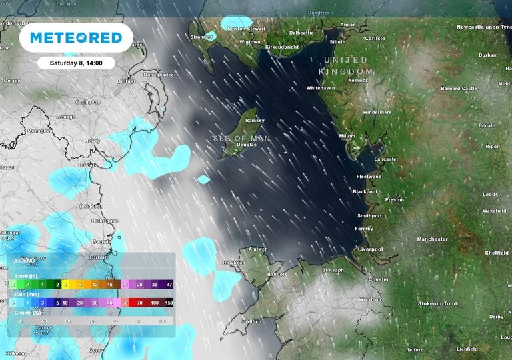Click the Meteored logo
coord(71,37)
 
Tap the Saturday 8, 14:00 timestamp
coord(75,63)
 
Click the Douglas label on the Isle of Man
coord(246,145)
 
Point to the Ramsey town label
coord(255,121)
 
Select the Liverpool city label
coord(371,249)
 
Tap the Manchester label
coord(432,239)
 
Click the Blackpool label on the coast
coord(365,192)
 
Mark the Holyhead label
coord(234,263)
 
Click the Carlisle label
coord(375,39)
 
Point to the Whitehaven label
coord(320,88)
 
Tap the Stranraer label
coord(201,37)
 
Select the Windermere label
coord(377,113)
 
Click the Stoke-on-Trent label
coord(437,304)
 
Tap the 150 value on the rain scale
coord(169,303)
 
